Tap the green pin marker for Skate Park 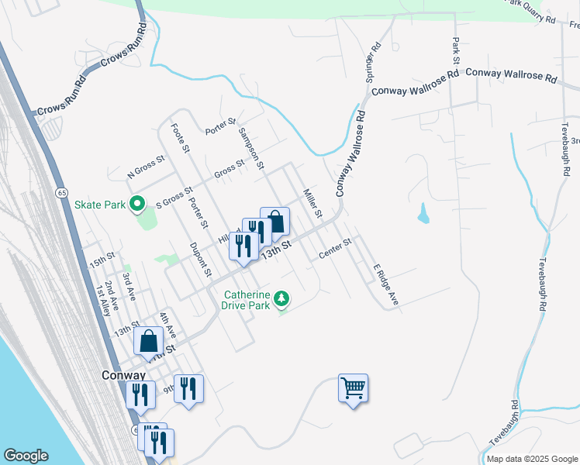pos(137,205)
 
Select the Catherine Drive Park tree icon pos(283,298)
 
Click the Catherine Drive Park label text pos(247,300)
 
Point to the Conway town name pos(124,374)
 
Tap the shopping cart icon pos(353,387)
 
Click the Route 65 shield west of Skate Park pos(60,192)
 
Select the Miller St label pos(312,202)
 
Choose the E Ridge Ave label pos(385,284)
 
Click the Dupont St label pos(201,259)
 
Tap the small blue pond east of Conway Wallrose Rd pos(423,213)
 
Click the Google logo pos(26,456)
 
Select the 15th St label pos(102,259)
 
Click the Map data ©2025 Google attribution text pos(531,459)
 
